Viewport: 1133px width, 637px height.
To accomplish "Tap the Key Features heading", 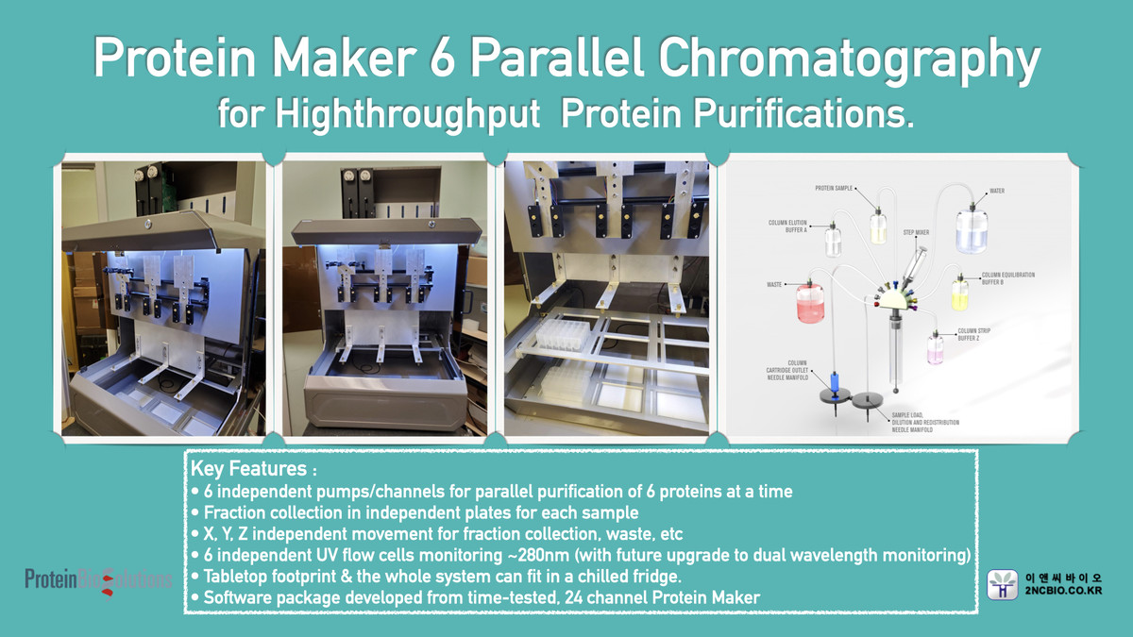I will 248,469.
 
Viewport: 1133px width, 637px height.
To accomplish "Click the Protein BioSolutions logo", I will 98,578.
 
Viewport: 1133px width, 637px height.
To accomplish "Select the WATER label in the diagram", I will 997,192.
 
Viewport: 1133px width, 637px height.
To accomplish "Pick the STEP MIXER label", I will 916,229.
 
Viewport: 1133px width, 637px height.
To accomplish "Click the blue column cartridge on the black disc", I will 834,383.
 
